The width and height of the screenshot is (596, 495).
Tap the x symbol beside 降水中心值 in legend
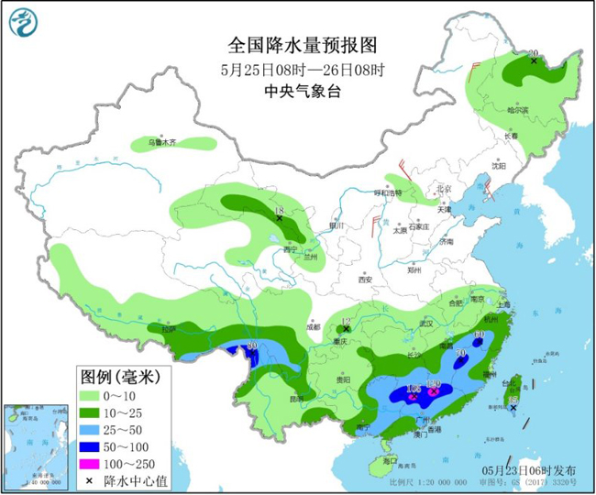pos(90,477)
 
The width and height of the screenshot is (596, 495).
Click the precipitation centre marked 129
pos(434,391)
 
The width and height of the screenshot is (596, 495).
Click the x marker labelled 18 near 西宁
pos(280,217)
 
